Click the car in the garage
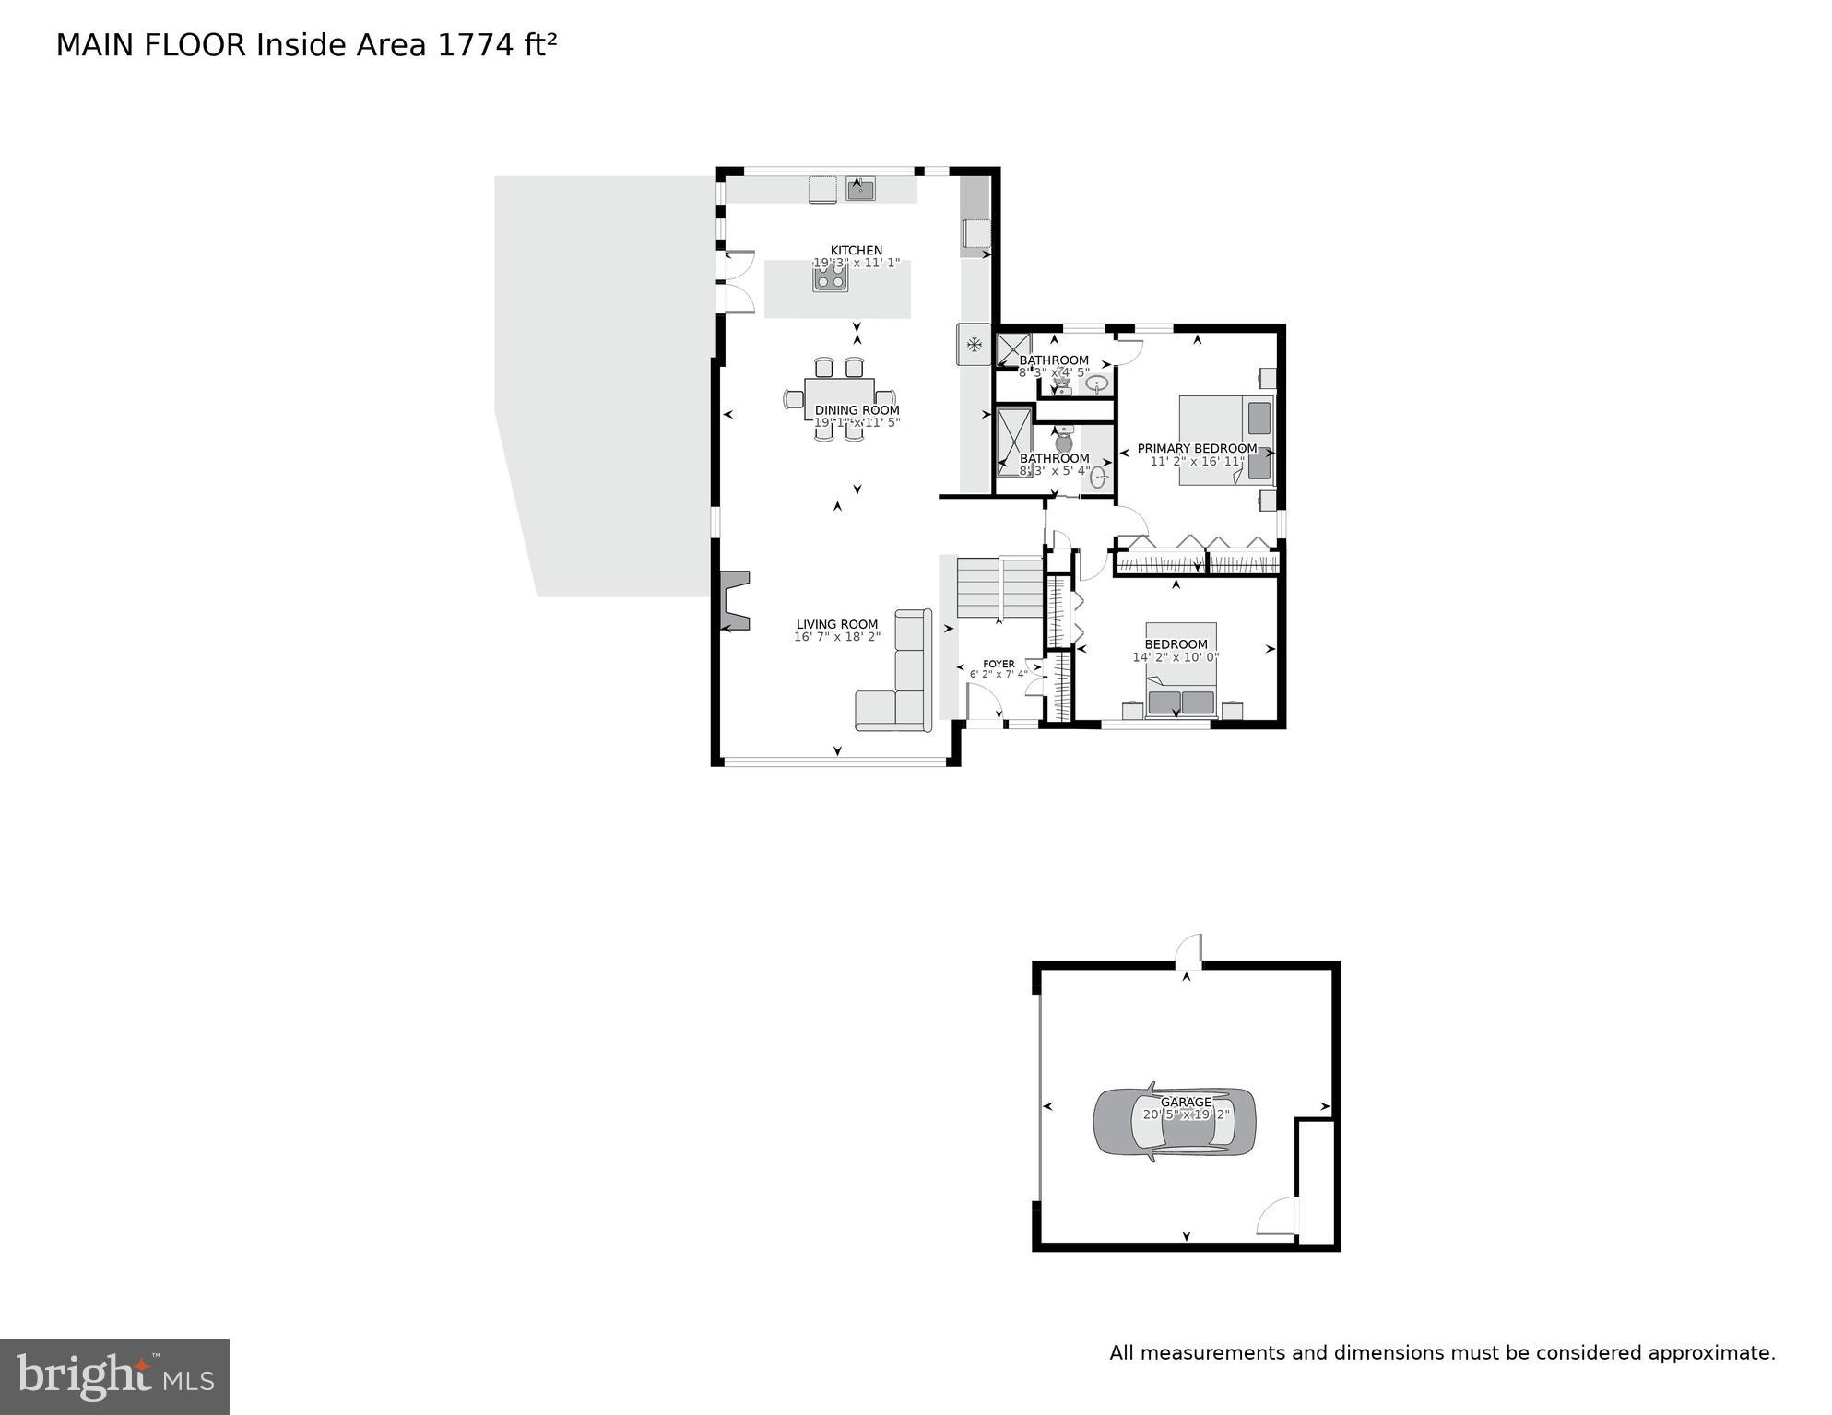1174,1123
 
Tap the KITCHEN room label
857,250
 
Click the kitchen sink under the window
860,190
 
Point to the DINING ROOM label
857,410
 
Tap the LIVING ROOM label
837,624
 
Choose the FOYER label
999,664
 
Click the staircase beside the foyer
999,587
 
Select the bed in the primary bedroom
1225,441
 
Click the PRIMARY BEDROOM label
1197,449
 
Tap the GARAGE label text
1186,1102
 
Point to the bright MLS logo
114,1377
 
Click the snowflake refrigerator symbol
974,345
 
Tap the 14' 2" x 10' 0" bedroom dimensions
1176,657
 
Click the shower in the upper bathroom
1012,350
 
